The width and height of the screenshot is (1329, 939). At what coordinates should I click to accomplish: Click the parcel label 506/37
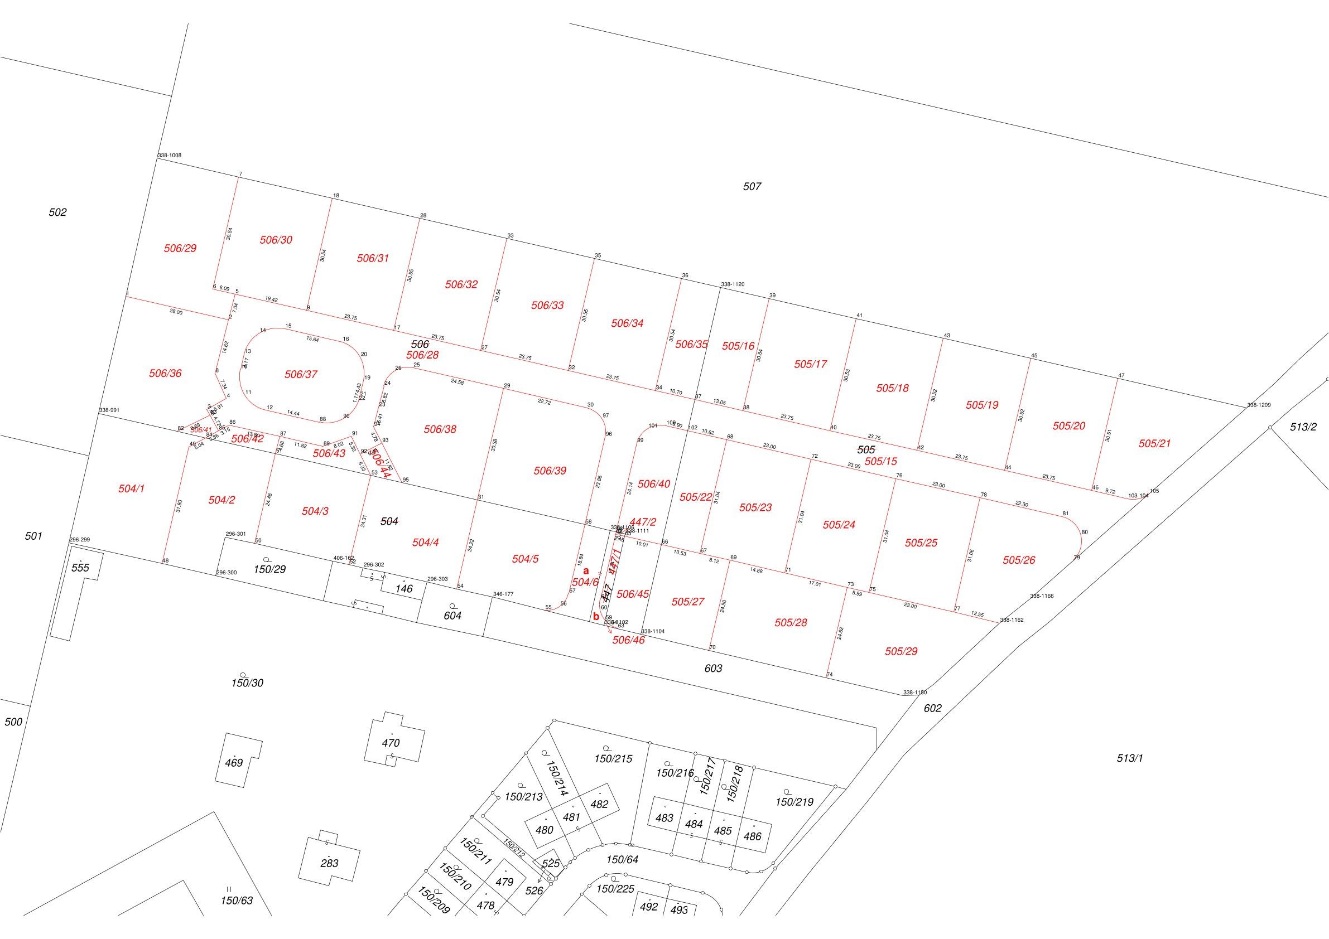[301, 374]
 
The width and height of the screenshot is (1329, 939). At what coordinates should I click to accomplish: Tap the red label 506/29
[180, 248]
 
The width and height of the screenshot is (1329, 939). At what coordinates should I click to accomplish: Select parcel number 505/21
[1154, 444]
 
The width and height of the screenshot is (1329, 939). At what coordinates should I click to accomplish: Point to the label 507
[752, 186]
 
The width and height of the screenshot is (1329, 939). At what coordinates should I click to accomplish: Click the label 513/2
[1303, 427]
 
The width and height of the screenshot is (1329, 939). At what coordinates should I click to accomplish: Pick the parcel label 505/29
[901, 651]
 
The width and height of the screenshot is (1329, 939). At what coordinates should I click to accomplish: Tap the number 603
[713, 668]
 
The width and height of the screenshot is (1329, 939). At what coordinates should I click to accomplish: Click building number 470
[391, 743]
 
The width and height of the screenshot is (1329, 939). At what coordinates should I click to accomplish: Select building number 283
[329, 863]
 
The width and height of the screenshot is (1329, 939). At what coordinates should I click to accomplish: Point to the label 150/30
[247, 683]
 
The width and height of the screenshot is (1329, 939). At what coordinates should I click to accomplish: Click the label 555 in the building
[80, 568]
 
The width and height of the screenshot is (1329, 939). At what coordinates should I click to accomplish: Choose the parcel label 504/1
[132, 489]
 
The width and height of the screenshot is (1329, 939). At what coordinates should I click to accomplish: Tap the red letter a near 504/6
[586, 570]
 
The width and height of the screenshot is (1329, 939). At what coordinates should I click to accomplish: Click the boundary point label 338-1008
[170, 156]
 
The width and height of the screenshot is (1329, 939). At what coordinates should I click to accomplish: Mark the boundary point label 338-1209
[1258, 405]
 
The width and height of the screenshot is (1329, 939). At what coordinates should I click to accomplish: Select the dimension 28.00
[176, 312]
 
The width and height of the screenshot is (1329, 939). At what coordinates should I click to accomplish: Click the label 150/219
[794, 802]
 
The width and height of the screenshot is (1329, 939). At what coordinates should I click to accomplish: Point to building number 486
[752, 836]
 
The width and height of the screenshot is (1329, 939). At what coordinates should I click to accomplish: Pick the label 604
[452, 616]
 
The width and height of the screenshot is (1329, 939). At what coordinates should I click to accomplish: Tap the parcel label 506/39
[550, 471]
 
